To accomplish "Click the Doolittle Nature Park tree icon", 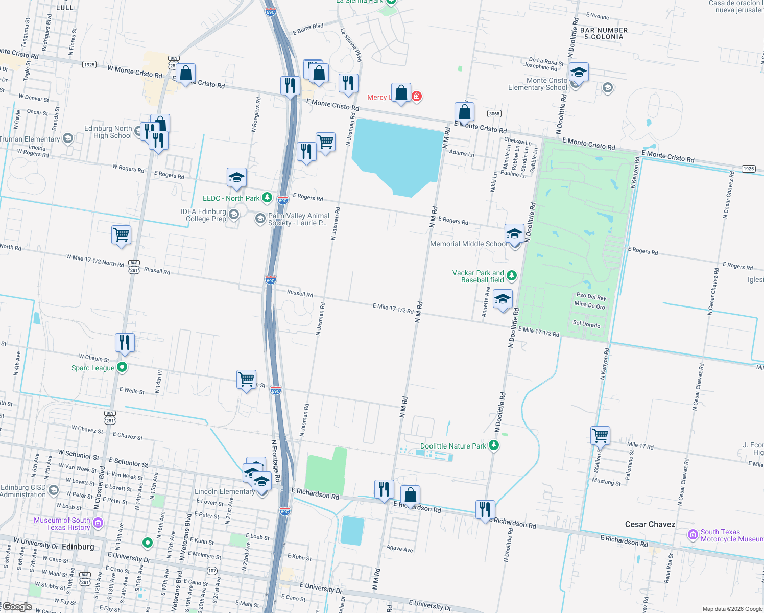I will point(493,445).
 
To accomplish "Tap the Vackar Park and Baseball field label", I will point(478,276).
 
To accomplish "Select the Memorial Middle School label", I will point(469,244).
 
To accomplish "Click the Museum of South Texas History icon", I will point(99,523).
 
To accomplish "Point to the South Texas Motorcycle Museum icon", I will point(693,535).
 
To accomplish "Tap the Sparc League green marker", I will point(122,367).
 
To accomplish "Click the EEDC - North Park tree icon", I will point(267,197).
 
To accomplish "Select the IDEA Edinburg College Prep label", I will point(203,215).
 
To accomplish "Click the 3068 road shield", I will point(494,113).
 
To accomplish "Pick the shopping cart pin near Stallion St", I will point(600,436).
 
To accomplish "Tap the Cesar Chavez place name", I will point(650,524).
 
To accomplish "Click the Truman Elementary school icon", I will point(67,138).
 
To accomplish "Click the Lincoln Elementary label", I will point(224,491).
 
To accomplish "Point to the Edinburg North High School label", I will point(108,132).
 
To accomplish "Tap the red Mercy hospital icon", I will point(417,96).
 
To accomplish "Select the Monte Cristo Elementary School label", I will point(538,84).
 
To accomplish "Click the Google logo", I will point(17,607).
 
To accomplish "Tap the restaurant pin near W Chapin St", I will point(125,342).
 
